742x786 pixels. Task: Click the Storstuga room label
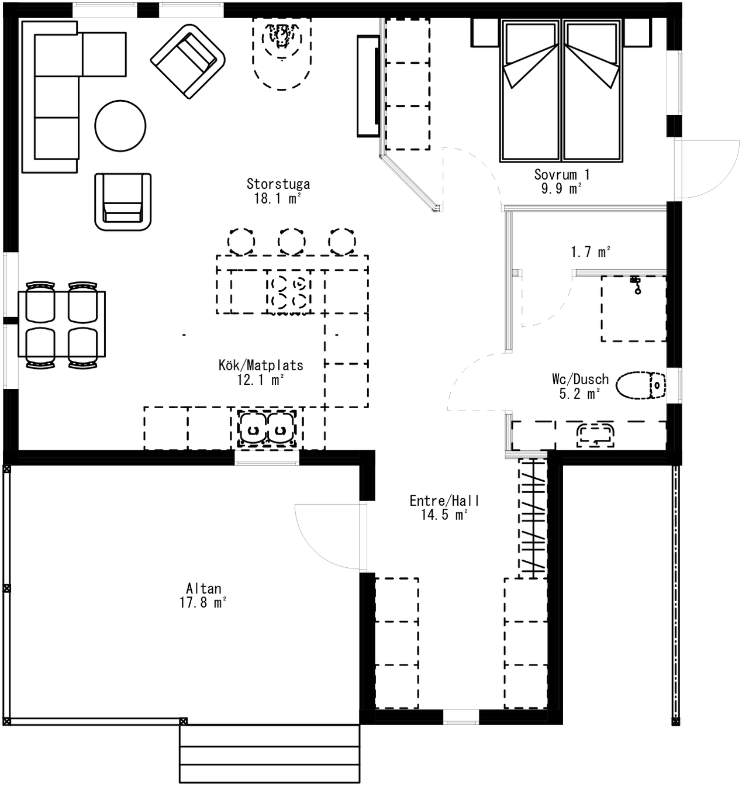(x=278, y=184)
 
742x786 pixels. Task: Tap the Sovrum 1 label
(x=561, y=174)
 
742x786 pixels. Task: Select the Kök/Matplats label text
(x=261, y=365)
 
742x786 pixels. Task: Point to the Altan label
(x=203, y=588)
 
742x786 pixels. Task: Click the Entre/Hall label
(x=444, y=501)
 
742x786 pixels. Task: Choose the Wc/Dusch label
(x=580, y=380)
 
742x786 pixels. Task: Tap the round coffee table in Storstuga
(x=120, y=126)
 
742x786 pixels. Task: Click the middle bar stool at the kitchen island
(x=292, y=242)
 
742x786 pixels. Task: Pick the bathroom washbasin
(x=595, y=435)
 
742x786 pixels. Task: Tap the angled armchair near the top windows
(x=188, y=61)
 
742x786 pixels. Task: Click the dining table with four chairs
(x=62, y=324)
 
